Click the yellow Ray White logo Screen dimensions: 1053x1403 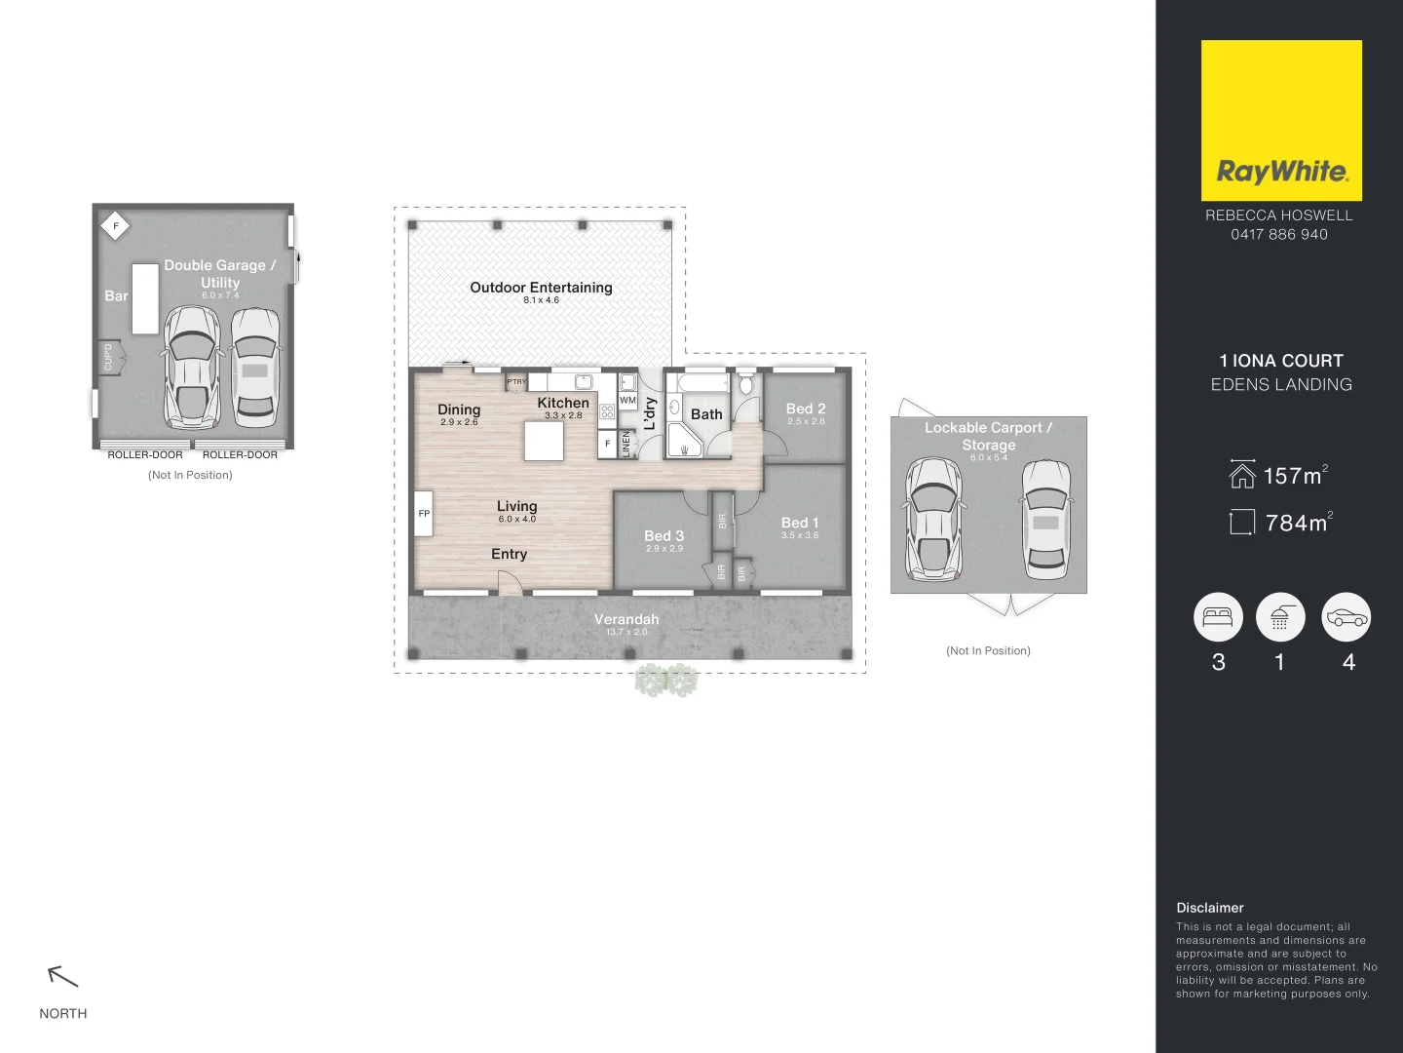(x=1281, y=120)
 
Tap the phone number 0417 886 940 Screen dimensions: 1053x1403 (x=1278, y=234)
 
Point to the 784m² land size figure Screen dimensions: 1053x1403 (x=1298, y=523)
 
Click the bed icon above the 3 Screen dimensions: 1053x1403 (x=1218, y=617)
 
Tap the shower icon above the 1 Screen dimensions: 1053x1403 (x=1280, y=617)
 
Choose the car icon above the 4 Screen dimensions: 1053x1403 (x=1346, y=617)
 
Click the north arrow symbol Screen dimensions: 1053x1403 (x=62, y=975)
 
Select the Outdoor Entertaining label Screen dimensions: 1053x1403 (x=541, y=288)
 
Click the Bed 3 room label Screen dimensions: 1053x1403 (x=664, y=536)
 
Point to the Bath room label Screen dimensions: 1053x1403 (x=706, y=414)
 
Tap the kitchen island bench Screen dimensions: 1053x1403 (x=544, y=441)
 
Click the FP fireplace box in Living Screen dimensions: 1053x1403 (x=424, y=514)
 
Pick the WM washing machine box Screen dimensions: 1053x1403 (x=627, y=401)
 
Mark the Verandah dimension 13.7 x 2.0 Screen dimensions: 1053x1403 (x=626, y=633)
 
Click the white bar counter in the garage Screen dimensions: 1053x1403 (x=145, y=298)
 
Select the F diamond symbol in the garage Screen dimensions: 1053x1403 (x=115, y=226)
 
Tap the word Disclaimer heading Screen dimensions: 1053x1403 (x=1209, y=908)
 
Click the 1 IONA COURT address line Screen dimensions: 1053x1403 (x=1280, y=361)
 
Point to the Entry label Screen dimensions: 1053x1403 (x=509, y=554)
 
